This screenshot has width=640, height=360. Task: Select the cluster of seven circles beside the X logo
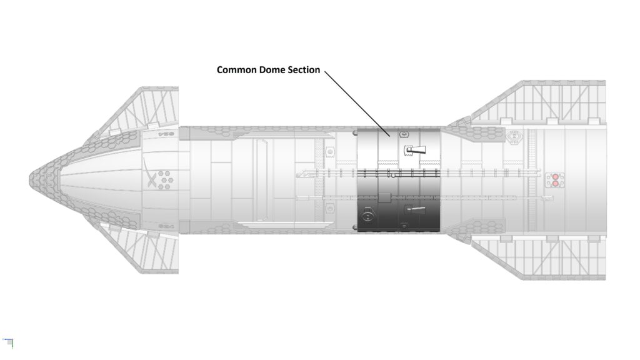(165, 180)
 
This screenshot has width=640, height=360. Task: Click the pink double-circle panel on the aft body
(553, 180)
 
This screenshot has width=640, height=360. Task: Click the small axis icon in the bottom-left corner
(8, 341)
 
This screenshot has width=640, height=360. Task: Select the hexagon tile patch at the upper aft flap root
(478, 132)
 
